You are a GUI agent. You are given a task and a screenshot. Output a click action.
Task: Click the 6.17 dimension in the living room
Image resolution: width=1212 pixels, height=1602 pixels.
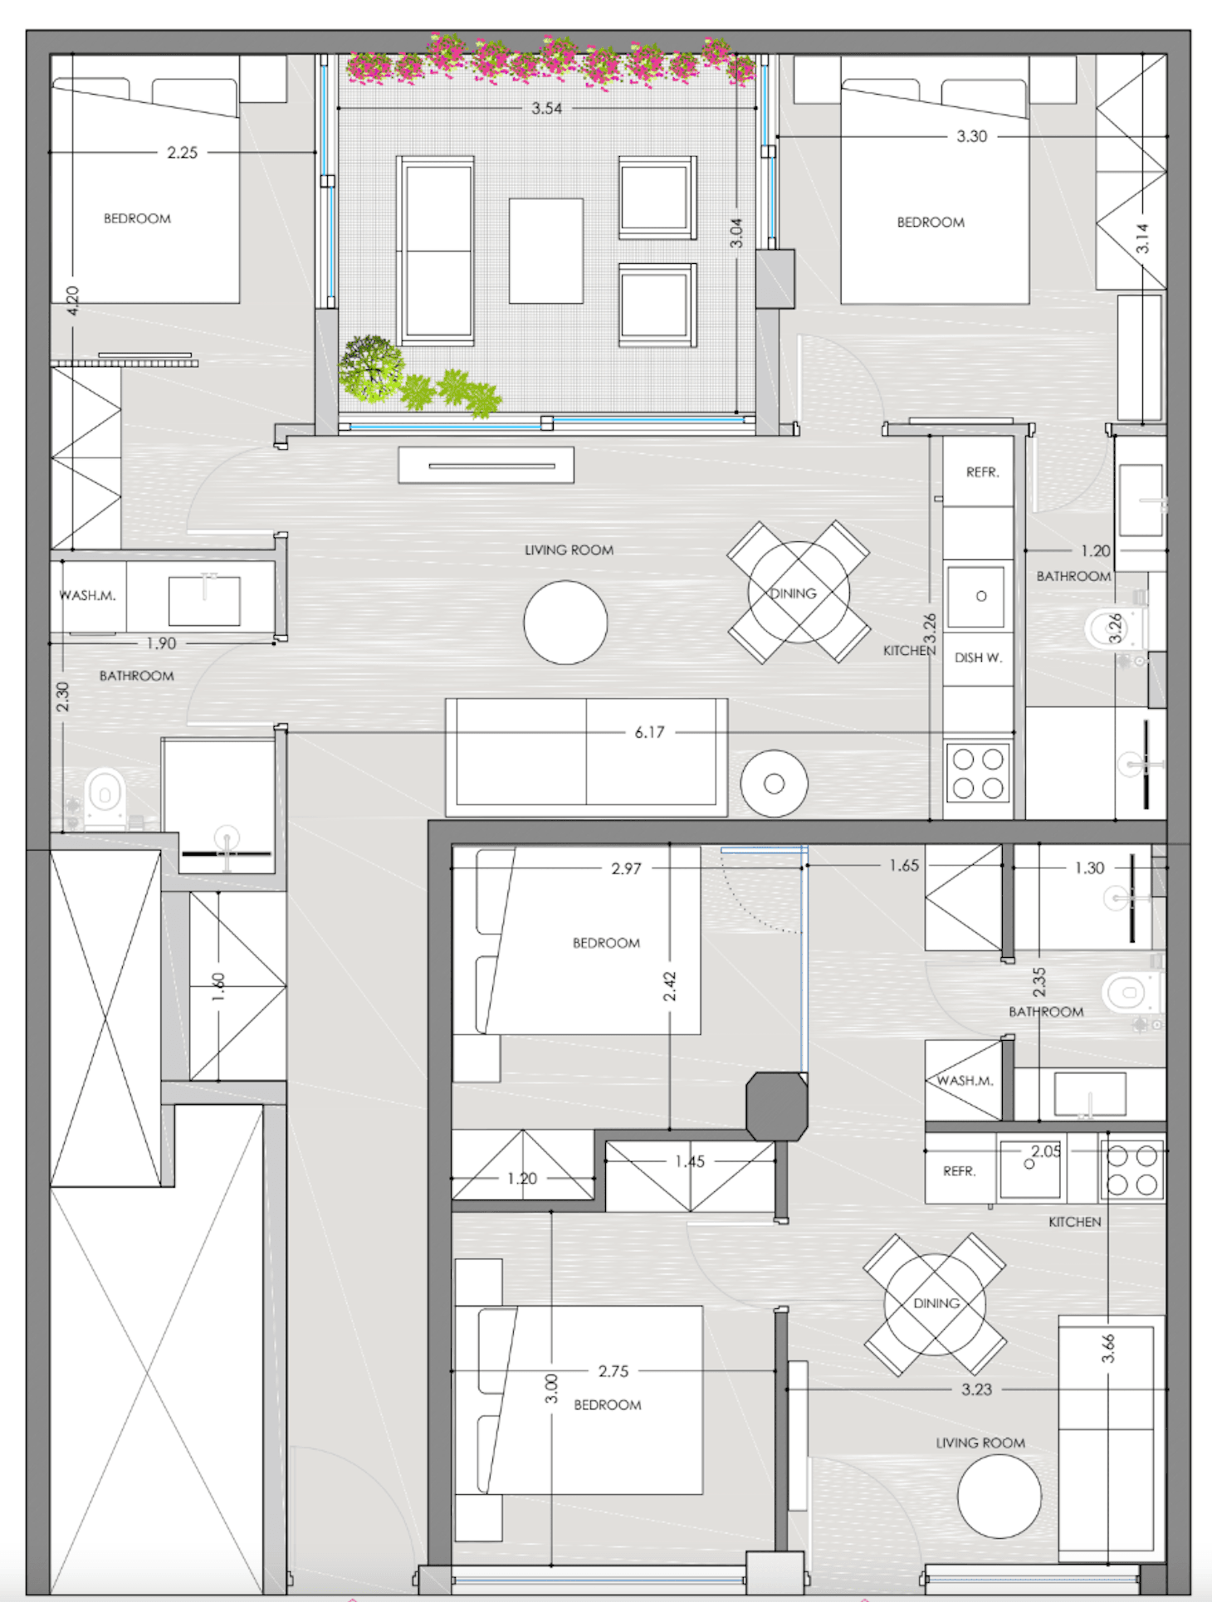[649, 732]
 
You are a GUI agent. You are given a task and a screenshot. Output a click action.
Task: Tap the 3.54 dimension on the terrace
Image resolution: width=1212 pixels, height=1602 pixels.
[547, 108]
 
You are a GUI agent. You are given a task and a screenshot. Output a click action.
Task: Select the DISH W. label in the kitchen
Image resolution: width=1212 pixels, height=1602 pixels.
[978, 657]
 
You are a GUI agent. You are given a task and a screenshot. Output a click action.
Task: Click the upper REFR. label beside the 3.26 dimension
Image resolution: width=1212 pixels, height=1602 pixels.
[982, 472]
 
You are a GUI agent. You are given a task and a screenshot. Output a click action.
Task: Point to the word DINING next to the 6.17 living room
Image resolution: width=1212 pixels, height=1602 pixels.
[793, 593]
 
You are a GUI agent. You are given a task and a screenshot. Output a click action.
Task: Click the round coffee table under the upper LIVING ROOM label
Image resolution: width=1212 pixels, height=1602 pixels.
[565, 623]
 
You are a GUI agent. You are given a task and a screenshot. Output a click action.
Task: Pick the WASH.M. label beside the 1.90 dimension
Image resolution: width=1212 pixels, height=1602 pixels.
[87, 595]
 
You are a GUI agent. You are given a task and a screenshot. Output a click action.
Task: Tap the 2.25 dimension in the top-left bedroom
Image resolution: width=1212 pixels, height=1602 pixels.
[182, 153]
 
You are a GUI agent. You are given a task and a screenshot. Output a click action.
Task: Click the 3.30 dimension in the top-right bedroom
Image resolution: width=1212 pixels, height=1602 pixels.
[971, 136]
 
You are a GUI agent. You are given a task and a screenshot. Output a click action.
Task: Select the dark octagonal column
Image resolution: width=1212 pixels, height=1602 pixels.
[776, 1106]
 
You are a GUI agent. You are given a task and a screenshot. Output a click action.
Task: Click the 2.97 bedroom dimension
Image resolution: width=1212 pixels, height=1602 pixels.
[626, 868]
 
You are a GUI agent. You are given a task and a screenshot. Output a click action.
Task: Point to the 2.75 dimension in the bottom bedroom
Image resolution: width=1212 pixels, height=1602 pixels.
[613, 1371]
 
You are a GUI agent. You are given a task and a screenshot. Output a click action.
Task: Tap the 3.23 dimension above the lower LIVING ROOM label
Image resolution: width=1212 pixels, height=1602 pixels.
[976, 1390]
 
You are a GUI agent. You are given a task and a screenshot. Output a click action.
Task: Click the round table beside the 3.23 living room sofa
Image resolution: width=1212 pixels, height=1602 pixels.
[999, 1497]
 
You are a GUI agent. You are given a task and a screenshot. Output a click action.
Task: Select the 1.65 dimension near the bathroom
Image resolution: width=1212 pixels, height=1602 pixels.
[904, 866]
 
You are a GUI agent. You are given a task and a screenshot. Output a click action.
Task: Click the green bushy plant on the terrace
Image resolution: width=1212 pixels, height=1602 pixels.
[371, 369]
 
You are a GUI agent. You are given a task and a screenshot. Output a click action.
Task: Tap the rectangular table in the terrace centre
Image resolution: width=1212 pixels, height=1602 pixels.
[546, 251]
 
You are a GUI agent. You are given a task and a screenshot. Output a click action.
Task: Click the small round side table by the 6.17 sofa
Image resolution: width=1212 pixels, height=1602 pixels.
[774, 784]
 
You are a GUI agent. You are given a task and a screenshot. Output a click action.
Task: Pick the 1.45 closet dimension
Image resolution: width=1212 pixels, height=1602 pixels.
[690, 1161]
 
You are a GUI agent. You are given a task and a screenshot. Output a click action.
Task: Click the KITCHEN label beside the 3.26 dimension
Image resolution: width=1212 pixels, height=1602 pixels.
[909, 651]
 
